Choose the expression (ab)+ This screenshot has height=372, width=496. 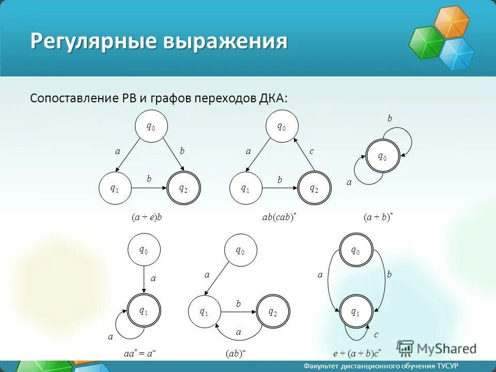236,353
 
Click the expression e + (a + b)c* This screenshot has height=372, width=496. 357,353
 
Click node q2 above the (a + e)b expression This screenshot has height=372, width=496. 183,189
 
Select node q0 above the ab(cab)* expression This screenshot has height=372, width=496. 282,126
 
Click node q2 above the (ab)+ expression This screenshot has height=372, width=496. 272,312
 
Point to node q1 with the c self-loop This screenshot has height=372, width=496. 356,312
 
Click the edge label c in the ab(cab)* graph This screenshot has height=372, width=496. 312,151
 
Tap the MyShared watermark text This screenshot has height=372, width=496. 447,349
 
